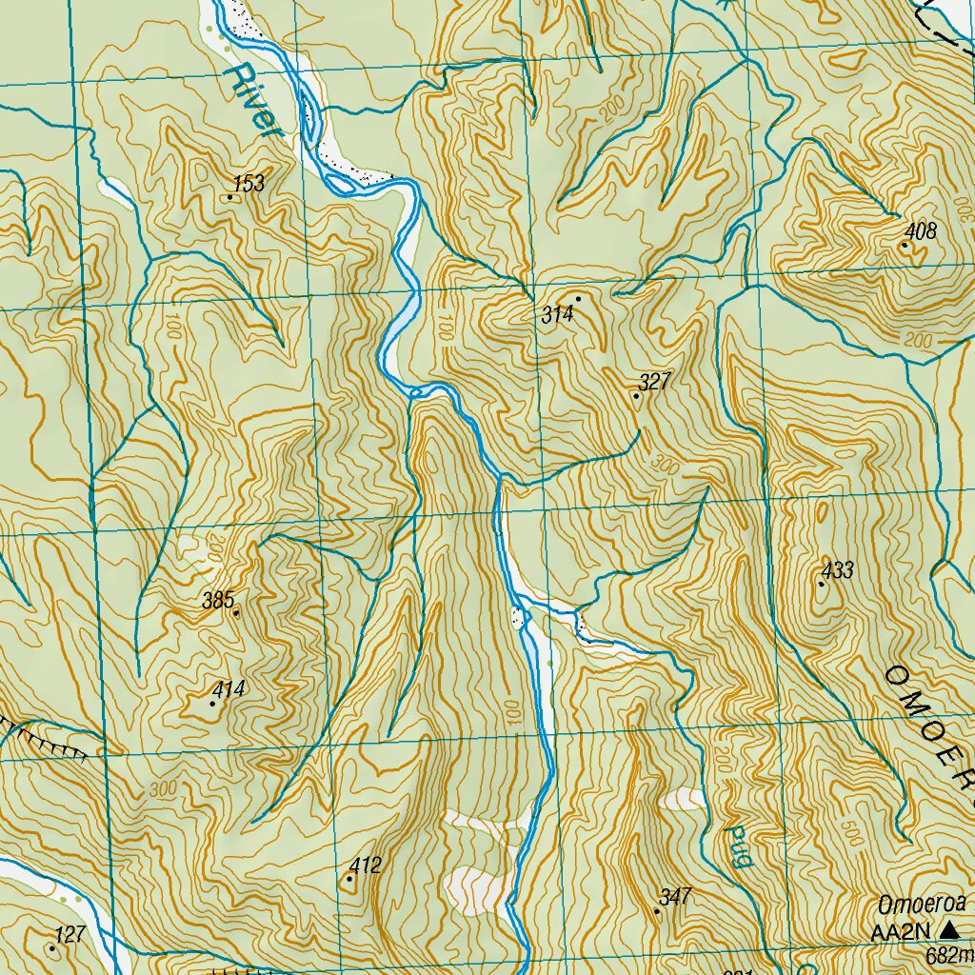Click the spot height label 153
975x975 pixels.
[249, 184]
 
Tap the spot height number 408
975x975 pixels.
[921, 231]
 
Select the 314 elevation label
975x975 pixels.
[556, 315]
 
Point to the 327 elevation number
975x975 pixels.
[655, 383]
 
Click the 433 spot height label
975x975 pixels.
[838, 571]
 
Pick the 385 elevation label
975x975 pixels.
[218, 601]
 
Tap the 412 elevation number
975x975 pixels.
[365, 866]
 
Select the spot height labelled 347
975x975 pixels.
[674, 897]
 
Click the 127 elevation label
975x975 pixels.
[70, 936]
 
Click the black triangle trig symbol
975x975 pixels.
[948, 930]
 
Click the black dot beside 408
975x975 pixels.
[904, 246]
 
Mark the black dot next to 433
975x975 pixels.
[821, 584]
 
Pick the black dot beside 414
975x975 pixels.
[212, 704]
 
